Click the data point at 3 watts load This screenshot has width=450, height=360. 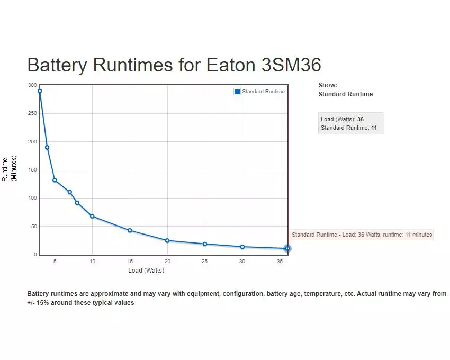tap(40, 91)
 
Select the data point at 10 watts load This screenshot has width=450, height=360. tap(92, 216)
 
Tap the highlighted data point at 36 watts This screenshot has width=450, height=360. tap(287, 248)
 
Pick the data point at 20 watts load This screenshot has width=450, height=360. tap(167, 240)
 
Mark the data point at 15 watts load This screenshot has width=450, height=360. tap(130, 230)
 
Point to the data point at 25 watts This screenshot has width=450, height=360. tap(205, 244)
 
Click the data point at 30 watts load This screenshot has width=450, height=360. tap(242, 247)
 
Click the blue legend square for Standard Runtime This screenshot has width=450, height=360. tap(237, 92)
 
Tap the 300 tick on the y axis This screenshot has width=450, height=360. tap(33, 85)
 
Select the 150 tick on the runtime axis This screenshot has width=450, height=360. tap(33, 170)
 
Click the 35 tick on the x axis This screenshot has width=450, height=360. tap(280, 262)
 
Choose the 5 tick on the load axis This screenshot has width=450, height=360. tap(55, 262)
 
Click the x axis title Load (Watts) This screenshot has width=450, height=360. tap(146, 271)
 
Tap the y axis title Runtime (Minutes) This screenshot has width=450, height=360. tap(10, 169)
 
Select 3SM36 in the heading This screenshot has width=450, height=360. tap(291, 65)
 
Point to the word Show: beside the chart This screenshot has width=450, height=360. tap(328, 85)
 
